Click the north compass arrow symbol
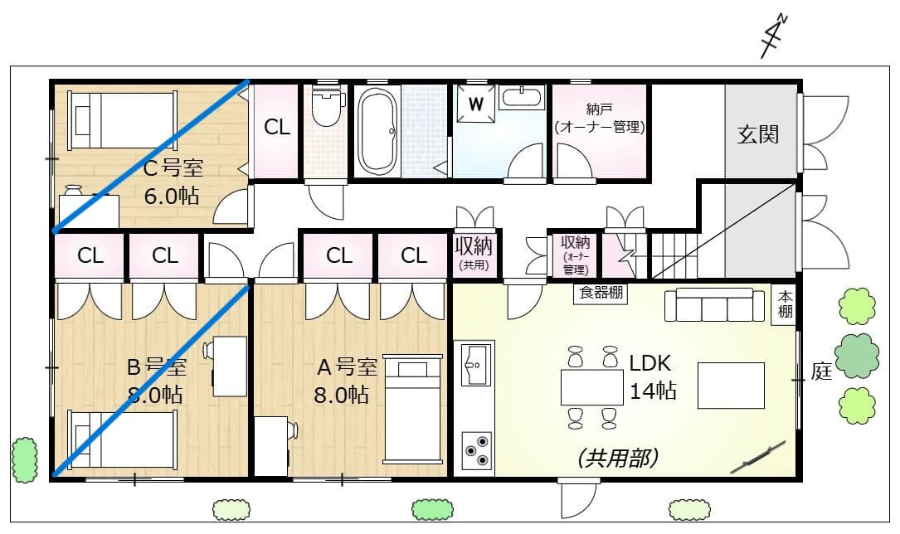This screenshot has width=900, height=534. tap(774, 36)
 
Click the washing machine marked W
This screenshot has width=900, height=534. tap(475, 104)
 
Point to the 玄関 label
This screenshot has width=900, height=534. tap(758, 134)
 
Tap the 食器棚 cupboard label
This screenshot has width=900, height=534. tap(600, 293)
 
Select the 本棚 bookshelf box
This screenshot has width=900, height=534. tap(785, 305)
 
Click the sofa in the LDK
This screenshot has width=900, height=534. tap(714, 305)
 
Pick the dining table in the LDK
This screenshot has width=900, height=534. tap(591, 387)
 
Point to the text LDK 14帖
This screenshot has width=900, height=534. tap(652, 376)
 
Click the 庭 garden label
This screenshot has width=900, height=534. tap(820, 372)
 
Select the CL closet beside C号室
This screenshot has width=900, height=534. tap(277, 128)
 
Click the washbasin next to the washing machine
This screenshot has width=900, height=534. tap(522, 97)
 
